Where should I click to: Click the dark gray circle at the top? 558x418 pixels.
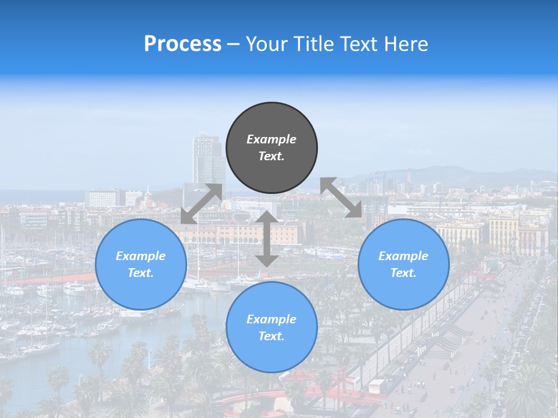(271, 147)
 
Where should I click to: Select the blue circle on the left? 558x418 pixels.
(141, 264)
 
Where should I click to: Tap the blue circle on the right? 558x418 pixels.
(403, 264)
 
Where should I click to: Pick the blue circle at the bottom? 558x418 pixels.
(271, 327)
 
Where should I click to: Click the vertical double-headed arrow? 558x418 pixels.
(267, 239)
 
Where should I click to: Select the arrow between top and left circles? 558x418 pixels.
(202, 204)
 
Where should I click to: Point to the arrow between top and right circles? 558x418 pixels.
(341, 198)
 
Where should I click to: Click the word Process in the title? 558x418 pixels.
(183, 44)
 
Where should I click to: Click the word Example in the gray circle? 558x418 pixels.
(271, 139)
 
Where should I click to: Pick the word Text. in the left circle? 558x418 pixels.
(141, 273)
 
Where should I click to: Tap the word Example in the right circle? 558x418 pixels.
(403, 256)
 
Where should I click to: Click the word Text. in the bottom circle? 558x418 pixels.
(271, 336)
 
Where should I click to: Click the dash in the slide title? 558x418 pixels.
(234, 44)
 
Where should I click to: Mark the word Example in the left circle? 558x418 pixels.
(141, 256)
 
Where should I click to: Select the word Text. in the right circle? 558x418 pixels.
(403, 273)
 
